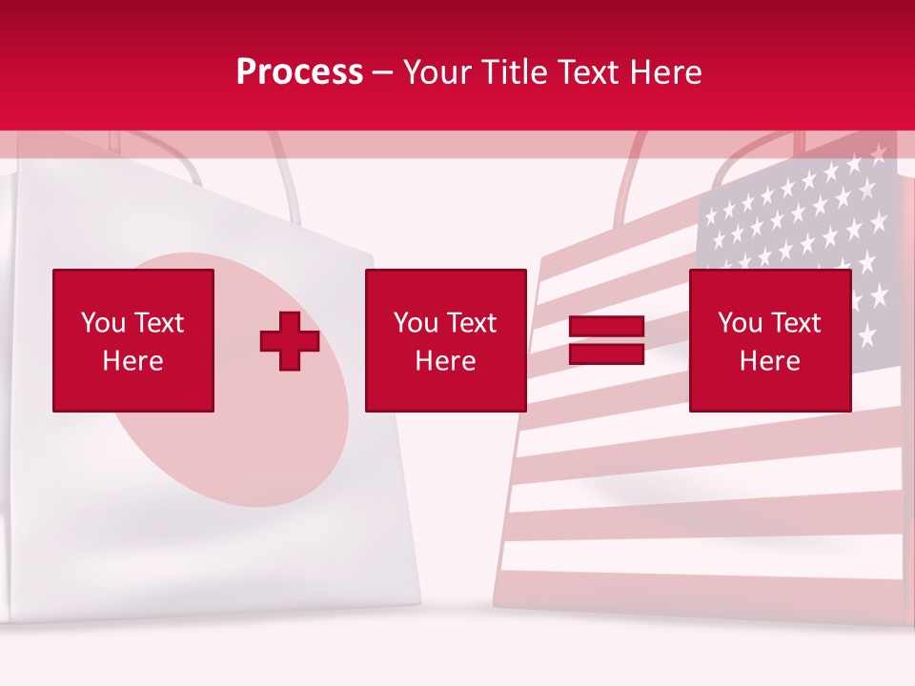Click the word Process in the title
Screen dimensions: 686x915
tap(299, 71)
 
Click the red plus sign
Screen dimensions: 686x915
tap(290, 340)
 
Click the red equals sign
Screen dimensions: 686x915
tap(606, 340)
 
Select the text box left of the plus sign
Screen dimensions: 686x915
tap(133, 340)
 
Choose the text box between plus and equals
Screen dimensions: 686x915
tap(445, 340)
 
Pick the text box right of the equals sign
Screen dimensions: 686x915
tap(769, 340)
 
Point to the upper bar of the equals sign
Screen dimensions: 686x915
tap(606, 327)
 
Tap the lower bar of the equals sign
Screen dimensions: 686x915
tap(606, 353)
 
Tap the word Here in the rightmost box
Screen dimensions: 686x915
tap(769, 361)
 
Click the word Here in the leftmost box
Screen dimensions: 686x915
tap(133, 361)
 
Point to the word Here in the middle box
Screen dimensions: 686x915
tap(445, 361)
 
